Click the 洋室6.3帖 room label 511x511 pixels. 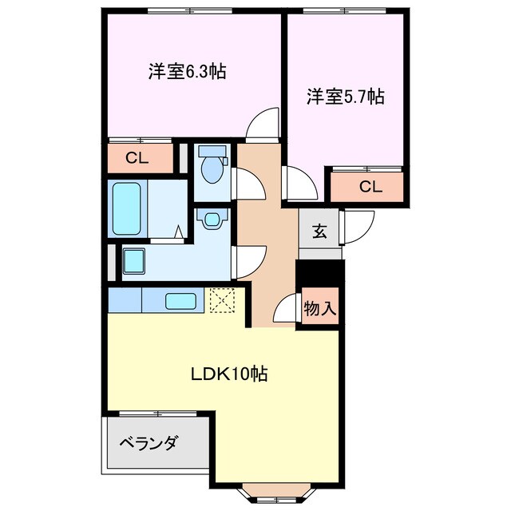click(x=187, y=72)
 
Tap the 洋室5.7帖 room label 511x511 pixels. click(x=346, y=97)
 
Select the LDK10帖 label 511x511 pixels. click(x=228, y=374)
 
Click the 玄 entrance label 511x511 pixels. click(x=319, y=232)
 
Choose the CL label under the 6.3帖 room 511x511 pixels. click(x=137, y=158)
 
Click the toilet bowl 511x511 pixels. click(x=212, y=168)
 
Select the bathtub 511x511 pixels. click(x=127, y=209)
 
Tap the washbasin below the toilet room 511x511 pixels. click(x=212, y=219)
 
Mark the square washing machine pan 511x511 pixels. click(x=133, y=261)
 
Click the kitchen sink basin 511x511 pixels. click(x=180, y=301)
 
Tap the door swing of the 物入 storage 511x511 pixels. click(x=287, y=310)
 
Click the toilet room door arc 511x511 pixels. click(x=248, y=184)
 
